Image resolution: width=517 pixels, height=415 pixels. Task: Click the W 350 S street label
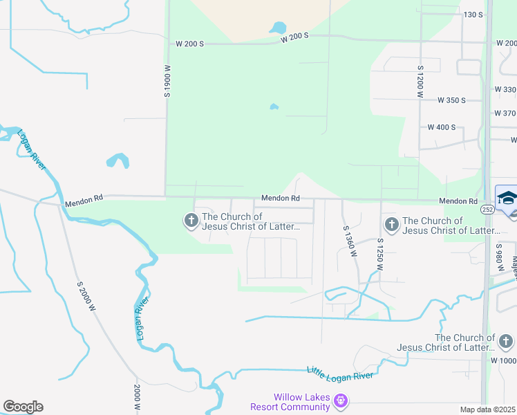pyautogui.click(x=452, y=100)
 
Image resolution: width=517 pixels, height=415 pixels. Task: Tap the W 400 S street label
pyautogui.click(x=442, y=127)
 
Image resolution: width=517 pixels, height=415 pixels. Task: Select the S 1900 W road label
pyautogui.click(x=167, y=81)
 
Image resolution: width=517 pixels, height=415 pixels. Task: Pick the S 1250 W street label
pyautogui.click(x=379, y=255)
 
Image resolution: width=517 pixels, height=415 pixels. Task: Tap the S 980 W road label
pyautogui.click(x=498, y=256)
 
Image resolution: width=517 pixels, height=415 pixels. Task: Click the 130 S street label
pyautogui.click(x=473, y=15)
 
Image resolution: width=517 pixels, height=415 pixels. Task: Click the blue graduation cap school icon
pyautogui.click(x=506, y=197)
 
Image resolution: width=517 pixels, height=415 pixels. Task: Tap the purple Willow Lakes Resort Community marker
pyautogui.click(x=339, y=400)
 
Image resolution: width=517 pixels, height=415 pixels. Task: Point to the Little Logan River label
pyautogui.click(x=340, y=373)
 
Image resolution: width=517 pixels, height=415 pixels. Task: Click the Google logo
pyautogui.click(x=23, y=407)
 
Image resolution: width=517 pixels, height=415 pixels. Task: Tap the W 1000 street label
pyautogui.click(x=503, y=360)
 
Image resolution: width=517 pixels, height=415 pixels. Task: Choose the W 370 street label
pyautogui.click(x=505, y=113)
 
